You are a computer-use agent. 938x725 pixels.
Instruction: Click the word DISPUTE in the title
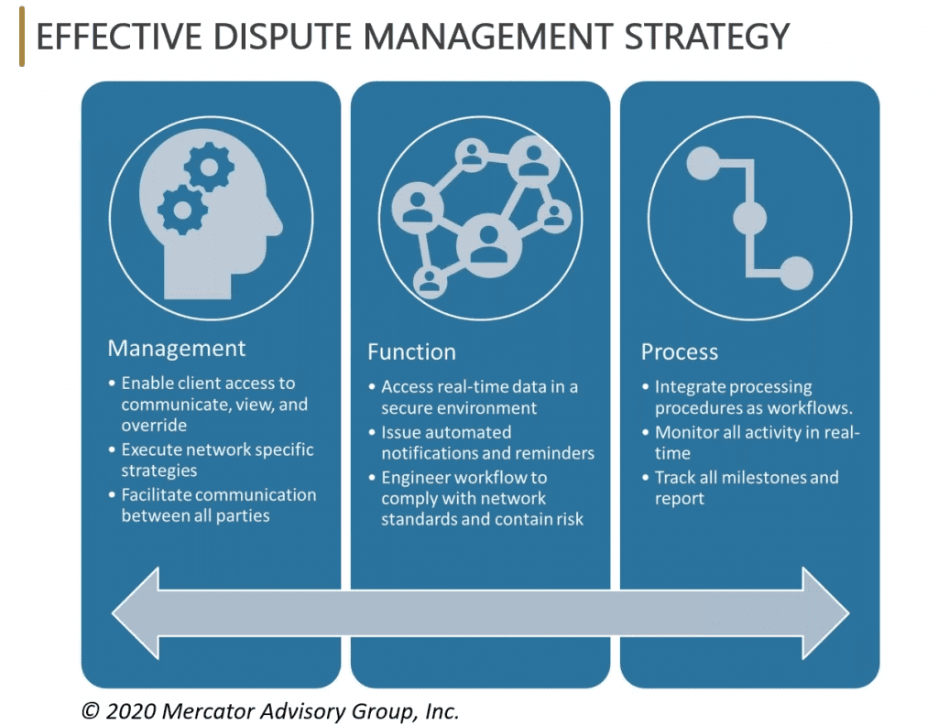(x=282, y=37)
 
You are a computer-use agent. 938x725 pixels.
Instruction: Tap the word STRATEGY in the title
(x=707, y=37)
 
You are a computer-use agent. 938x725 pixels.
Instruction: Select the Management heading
(x=177, y=349)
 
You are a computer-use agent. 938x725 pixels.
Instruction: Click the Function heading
(x=411, y=352)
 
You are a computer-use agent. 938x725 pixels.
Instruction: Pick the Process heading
(x=680, y=352)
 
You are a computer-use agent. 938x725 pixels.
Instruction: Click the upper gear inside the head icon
(x=209, y=167)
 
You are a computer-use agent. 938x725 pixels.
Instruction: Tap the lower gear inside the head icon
(x=182, y=210)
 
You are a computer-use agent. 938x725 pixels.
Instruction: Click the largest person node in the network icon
(x=489, y=245)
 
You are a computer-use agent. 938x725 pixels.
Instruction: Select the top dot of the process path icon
(x=703, y=163)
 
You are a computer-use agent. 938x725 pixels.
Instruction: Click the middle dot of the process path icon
(x=749, y=218)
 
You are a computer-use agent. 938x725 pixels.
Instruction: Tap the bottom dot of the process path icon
(x=796, y=273)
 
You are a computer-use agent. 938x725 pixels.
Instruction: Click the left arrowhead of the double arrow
(x=136, y=613)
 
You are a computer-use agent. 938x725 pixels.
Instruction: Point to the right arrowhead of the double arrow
(x=825, y=613)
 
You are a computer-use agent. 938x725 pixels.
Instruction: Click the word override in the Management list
(x=154, y=426)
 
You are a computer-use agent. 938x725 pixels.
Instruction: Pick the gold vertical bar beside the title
(x=22, y=37)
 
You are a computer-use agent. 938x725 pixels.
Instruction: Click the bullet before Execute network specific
(x=112, y=449)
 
